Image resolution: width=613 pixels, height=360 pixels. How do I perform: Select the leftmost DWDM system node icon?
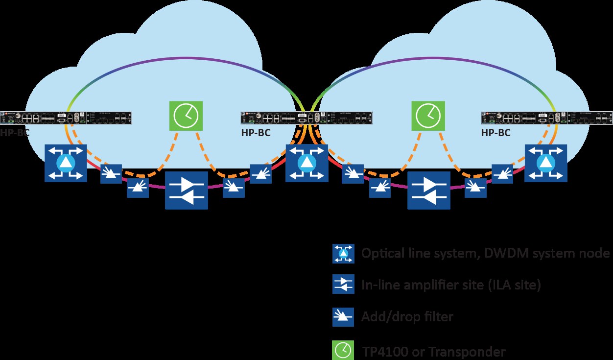pos(66,163)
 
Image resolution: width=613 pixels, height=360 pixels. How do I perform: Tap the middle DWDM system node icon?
pos(306,163)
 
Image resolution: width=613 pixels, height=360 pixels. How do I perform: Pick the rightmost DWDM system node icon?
pos(545,163)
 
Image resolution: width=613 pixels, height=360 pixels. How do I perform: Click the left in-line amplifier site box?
pos(187,190)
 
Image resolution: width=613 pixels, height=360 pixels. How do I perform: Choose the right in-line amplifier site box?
pos(429,190)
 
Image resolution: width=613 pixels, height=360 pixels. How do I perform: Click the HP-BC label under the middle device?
pos(256,133)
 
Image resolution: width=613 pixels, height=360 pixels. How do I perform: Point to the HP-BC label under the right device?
pos(496,133)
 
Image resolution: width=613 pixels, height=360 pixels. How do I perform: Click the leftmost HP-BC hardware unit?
pos(67,118)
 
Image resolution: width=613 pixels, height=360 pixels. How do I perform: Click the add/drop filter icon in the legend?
pos(343,317)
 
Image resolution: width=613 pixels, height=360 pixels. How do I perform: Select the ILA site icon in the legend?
pos(343,285)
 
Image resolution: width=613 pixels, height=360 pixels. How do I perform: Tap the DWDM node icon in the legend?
pos(343,253)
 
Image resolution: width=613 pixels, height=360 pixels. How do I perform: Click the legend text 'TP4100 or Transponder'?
pos(434,351)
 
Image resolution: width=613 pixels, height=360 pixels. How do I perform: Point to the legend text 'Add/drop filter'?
pos(407,317)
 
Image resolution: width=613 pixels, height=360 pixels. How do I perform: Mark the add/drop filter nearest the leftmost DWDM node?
pos(111,174)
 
